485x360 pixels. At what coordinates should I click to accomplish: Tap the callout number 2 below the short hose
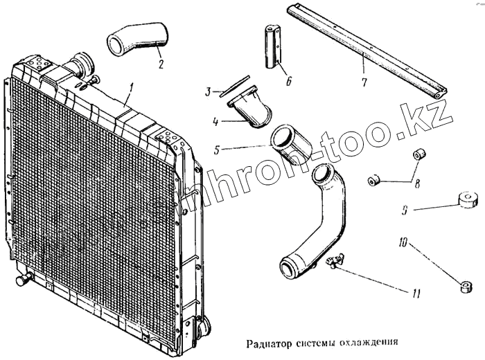tap(160, 66)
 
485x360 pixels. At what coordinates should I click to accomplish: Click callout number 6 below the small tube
tap(289, 81)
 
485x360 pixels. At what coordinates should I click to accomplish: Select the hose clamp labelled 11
tap(335, 263)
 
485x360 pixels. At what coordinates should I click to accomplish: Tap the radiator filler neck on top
tap(82, 64)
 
